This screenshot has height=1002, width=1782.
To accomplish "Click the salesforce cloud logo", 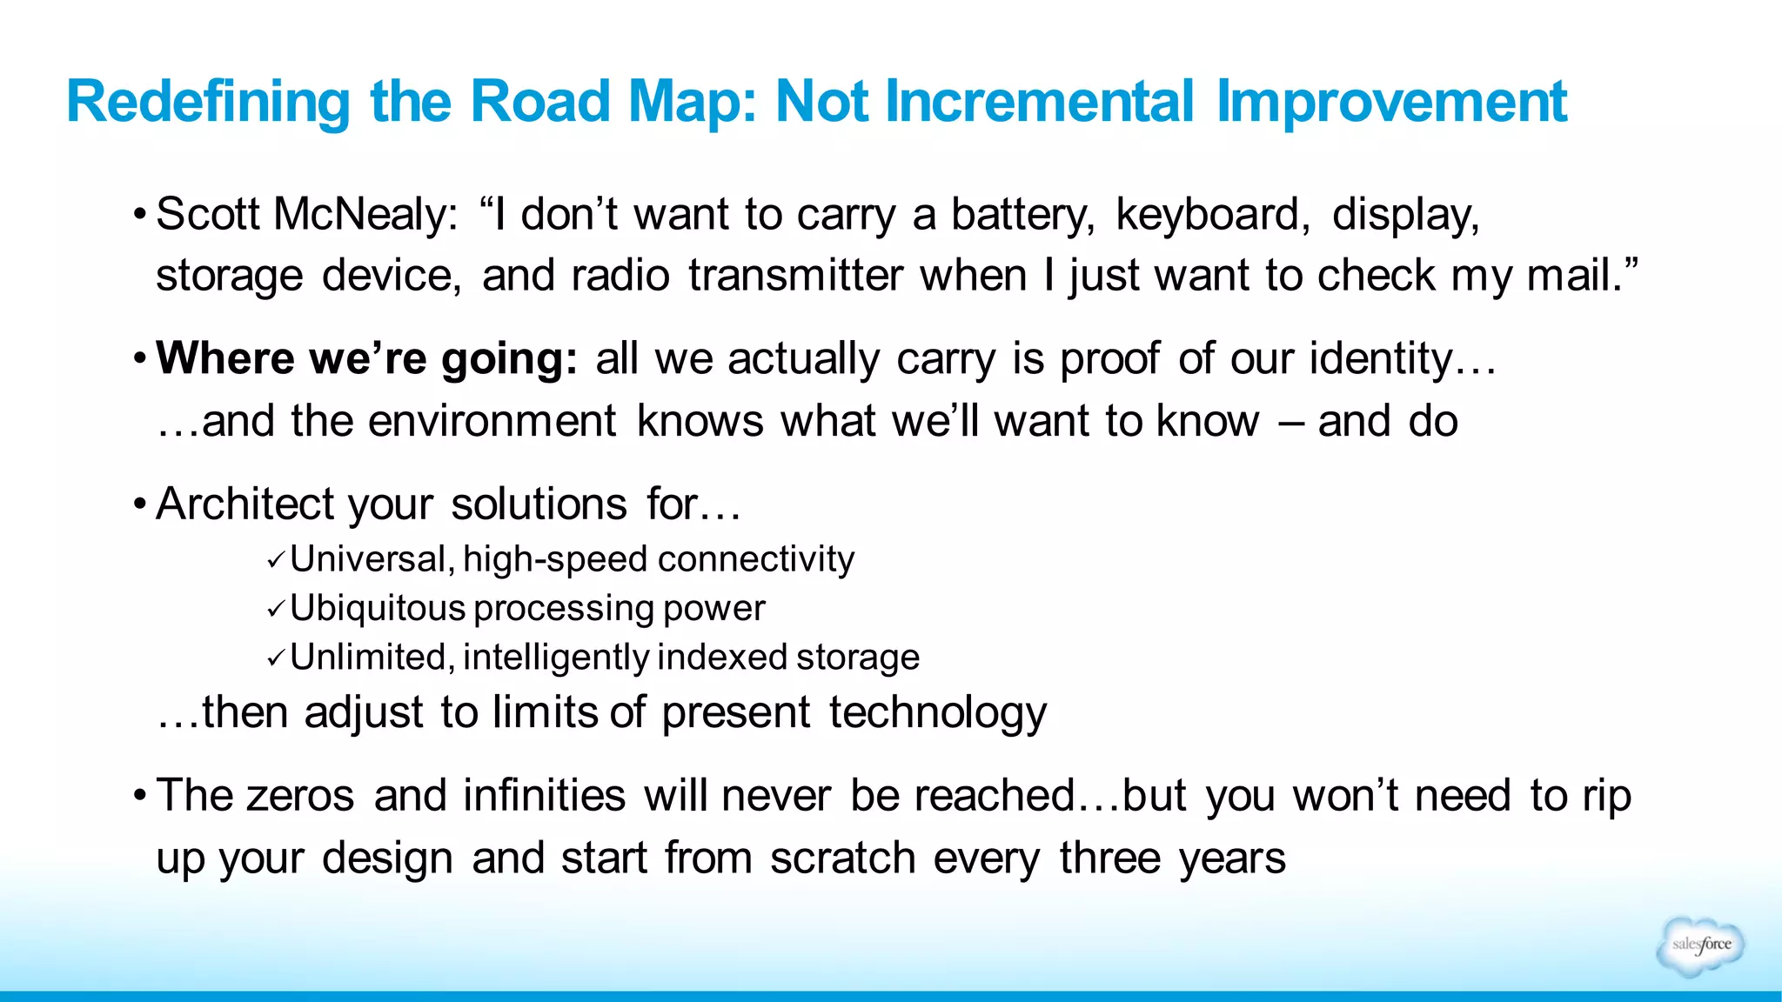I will click(x=1700, y=945).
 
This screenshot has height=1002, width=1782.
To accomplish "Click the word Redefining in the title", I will click(x=207, y=103).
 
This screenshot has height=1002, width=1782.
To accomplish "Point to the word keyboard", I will click(x=1212, y=215).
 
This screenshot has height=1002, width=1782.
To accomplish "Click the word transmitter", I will click(x=795, y=277).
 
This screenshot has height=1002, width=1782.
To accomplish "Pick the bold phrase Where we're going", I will click(x=366, y=359).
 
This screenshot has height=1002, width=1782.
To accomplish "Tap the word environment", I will click(x=492, y=422).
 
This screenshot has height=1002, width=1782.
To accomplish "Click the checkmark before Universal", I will click(x=276, y=561).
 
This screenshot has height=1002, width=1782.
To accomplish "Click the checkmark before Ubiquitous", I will click(x=276, y=610).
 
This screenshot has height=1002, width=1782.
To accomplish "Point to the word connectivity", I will click(x=756, y=559).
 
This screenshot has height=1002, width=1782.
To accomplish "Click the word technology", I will click(x=937, y=713).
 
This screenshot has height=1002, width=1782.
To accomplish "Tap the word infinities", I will click(x=544, y=796).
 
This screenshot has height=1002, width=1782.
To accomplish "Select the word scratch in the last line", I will click(x=842, y=858).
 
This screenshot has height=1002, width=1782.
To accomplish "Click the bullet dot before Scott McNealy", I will click(x=139, y=215).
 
